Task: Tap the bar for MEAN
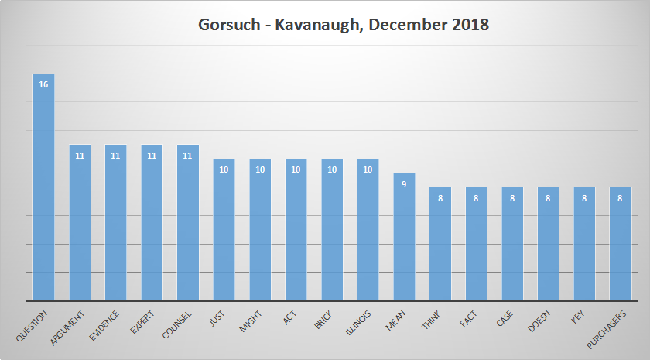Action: click(x=404, y=237)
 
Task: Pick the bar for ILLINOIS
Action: click(x=368, y=230)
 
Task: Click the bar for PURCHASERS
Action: click(x=621, y=244)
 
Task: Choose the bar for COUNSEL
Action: click(x=188, y=223)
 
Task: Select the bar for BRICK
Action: click(x=332, y=230)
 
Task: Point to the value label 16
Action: click(x=43, y=84)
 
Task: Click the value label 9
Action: click(x=404, y=183)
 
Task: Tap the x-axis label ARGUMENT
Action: click(x=70, y=325)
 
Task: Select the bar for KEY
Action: click(x=585, y=244)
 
